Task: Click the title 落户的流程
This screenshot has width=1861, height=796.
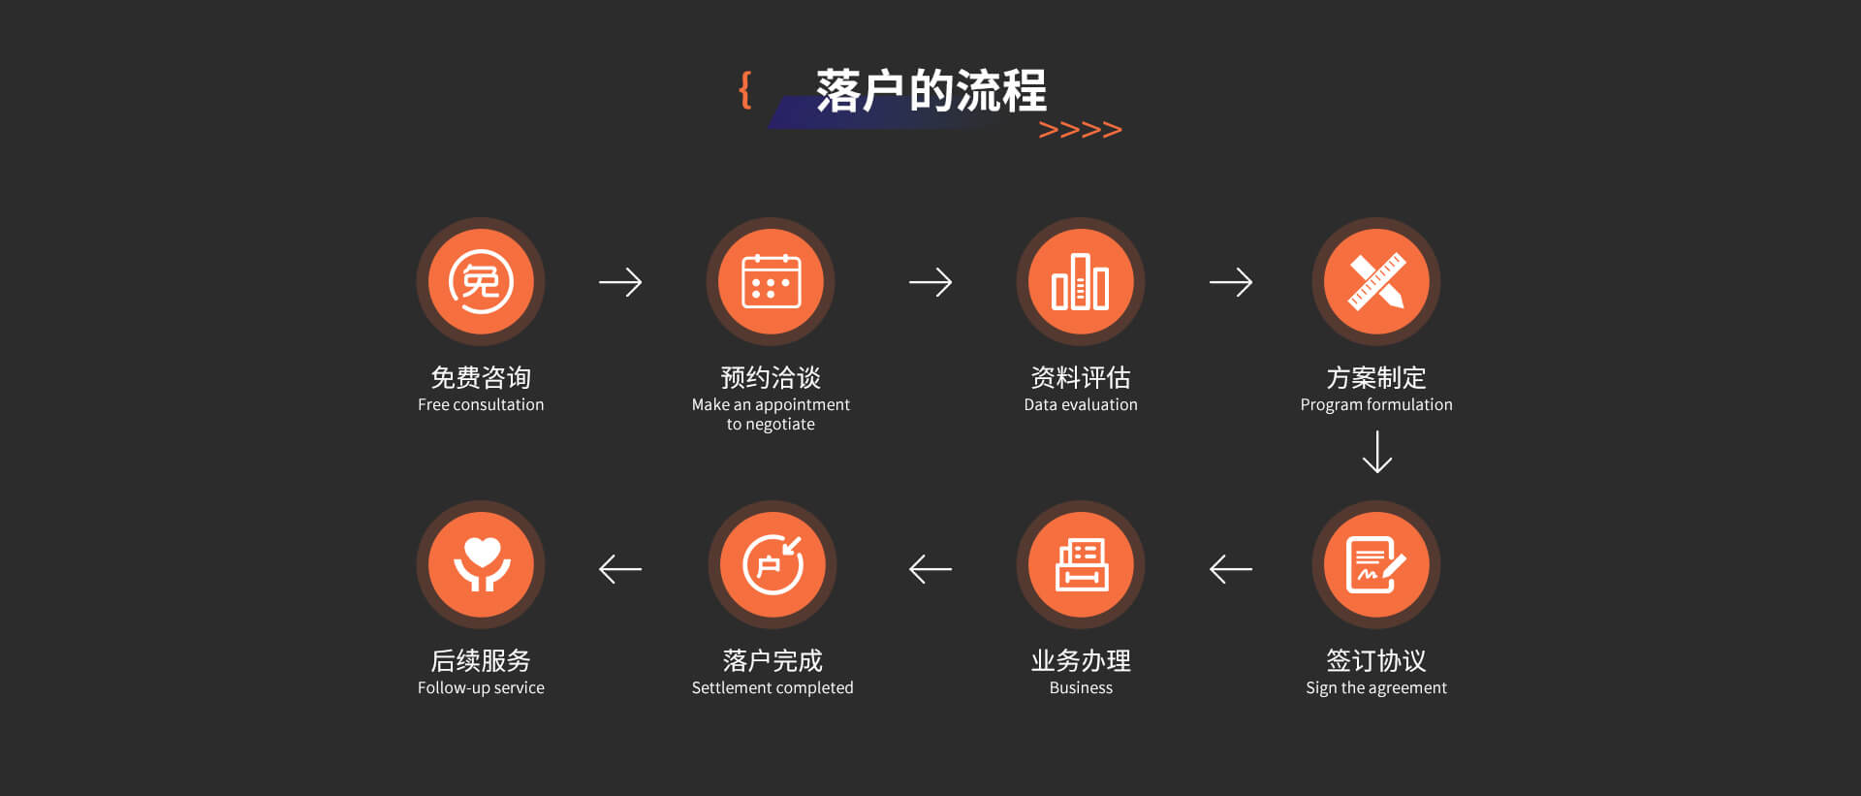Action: pos(930,91)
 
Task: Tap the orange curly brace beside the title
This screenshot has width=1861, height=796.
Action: pos(744,89)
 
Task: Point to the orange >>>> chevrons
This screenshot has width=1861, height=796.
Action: pos(1080,129)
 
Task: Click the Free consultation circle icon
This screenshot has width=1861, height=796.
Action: pos(481,281)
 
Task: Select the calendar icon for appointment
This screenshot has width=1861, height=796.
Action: pos(771,281)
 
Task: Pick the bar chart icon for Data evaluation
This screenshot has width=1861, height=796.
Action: pos(1081,281)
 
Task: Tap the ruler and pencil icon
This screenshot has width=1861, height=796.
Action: pos(1376,281)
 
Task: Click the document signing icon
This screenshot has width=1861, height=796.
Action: pos(1376,564)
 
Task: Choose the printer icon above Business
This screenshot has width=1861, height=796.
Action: pos(1081,564)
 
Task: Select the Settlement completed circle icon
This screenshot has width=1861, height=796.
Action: pos(773,564)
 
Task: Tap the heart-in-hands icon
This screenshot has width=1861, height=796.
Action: pos(481,564)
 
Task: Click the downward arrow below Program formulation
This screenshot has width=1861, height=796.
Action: pos(1376,452)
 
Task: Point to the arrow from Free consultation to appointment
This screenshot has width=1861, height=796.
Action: pos(620,282)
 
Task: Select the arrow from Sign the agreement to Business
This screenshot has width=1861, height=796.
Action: pos(1231,569)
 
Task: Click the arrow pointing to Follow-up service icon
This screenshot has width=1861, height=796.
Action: pos(620,569)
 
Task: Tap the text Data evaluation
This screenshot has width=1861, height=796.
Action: pos(1081,404)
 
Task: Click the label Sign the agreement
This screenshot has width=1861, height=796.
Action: pos(1376,687)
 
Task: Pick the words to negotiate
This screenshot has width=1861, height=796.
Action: pos(771,425)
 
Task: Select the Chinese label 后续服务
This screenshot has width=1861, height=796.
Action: pos(481,660)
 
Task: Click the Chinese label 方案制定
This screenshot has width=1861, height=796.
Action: pos(1376,377)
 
